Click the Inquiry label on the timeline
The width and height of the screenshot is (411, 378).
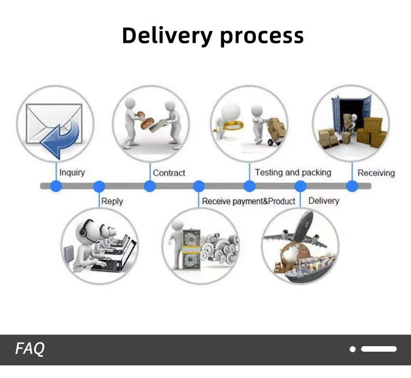tap(72, 173)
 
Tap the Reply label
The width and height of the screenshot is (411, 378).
tap(112, 201)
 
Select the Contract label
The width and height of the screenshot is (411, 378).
tap(169, 173)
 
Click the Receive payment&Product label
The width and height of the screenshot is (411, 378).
tap(248, 201)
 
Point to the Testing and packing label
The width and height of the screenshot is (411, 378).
tap(293, 172)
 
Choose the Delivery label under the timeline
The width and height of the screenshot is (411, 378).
tap(323, 201)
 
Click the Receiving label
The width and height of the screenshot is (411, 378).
tap(376, 173)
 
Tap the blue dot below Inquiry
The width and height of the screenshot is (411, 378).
tap(56, 186)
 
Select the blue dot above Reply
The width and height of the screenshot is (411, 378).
tap(99, 186)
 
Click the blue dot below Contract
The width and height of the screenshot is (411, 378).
tap(150, 186)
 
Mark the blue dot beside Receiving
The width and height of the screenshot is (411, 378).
tap(352, 186)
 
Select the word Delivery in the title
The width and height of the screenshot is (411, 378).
tap(167, 36)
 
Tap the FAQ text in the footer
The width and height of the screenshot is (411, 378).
tap(30, 348)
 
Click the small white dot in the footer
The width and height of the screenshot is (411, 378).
tap(353, 349)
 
